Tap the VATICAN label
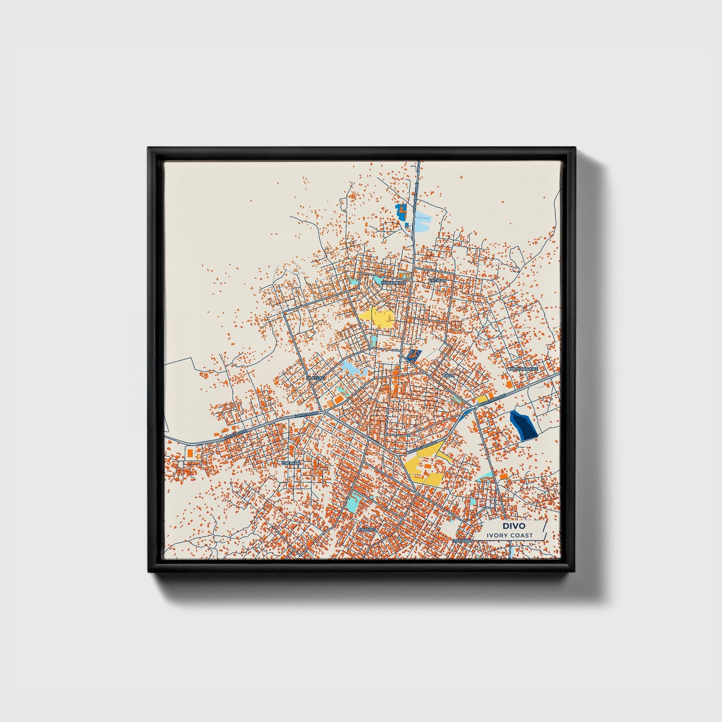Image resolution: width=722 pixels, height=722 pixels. [437, 281]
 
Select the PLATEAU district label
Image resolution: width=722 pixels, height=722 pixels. [315, 378]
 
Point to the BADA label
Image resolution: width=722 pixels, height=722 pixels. [449, 375]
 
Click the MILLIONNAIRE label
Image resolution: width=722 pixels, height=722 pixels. [523, 369]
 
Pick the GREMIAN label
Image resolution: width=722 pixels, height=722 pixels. [291, 463]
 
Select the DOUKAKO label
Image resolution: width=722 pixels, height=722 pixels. [462, 541]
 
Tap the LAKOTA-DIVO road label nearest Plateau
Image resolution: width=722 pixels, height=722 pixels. [306, 415]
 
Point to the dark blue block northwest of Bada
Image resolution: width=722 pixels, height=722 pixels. [413, 355]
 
